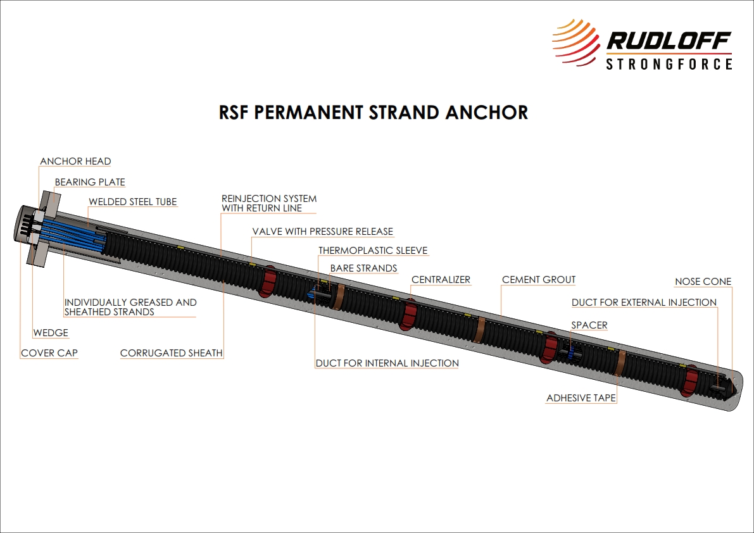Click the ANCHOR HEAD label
click(75, 161)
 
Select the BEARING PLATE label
click(90, 182)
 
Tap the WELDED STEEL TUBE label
click(133, 202)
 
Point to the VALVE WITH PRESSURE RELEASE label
click(323, 232)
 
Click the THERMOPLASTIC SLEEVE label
click(373, 251)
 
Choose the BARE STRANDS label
click(363, 268)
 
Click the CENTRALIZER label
click(441, 279)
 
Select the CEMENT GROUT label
click(539, 279)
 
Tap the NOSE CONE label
click(703, 282)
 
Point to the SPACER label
click(589, 325)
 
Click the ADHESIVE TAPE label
click(581, 398)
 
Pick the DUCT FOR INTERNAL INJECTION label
click(387, 363)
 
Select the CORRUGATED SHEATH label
click(172, 353)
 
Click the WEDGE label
click(50, 333)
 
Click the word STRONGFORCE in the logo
click(669, 64)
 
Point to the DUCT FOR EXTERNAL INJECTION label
click(644, 303)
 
